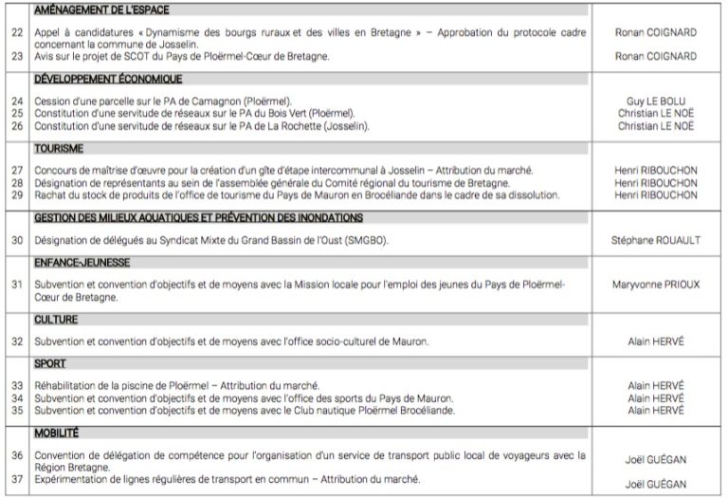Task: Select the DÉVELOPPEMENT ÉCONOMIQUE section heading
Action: pos(107,79)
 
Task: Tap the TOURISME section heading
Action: pos(59,149)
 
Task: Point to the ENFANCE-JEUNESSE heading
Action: pos(82,262)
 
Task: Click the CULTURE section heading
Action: pos(56,320)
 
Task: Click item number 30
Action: pos(16,240)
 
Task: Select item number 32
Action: pos(16,341)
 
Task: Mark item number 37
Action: pos(16,480)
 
